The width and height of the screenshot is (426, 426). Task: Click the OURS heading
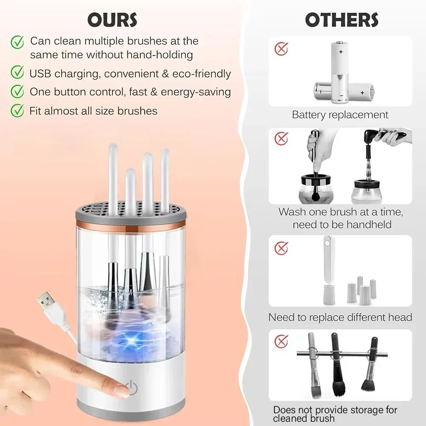pyautogui.click(x=112, y=20)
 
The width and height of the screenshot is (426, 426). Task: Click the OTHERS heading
pyautogui.click(x=341, y=20)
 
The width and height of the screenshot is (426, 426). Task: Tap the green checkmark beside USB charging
pyautogui.click(x=17, y=73)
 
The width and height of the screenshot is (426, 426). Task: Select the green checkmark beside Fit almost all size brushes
pyautogui.click(x=17, y=111)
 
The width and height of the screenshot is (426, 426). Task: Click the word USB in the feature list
pyautogui.click(x=40, y=74)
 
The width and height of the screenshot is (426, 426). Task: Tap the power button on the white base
pyautogui.click(x=133, y=388)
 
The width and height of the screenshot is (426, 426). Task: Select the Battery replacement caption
pyautogui.click(x=340, y=115)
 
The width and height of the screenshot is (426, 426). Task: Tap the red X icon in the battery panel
pyautogui.click(x=281, y=49)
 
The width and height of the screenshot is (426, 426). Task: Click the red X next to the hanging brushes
pyautogui.click(x=281, y=341)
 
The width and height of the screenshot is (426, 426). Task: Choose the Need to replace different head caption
pyautogui.click(x=340, y=317)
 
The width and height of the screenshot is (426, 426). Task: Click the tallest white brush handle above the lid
pyautogui.click(x=113, y=179)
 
